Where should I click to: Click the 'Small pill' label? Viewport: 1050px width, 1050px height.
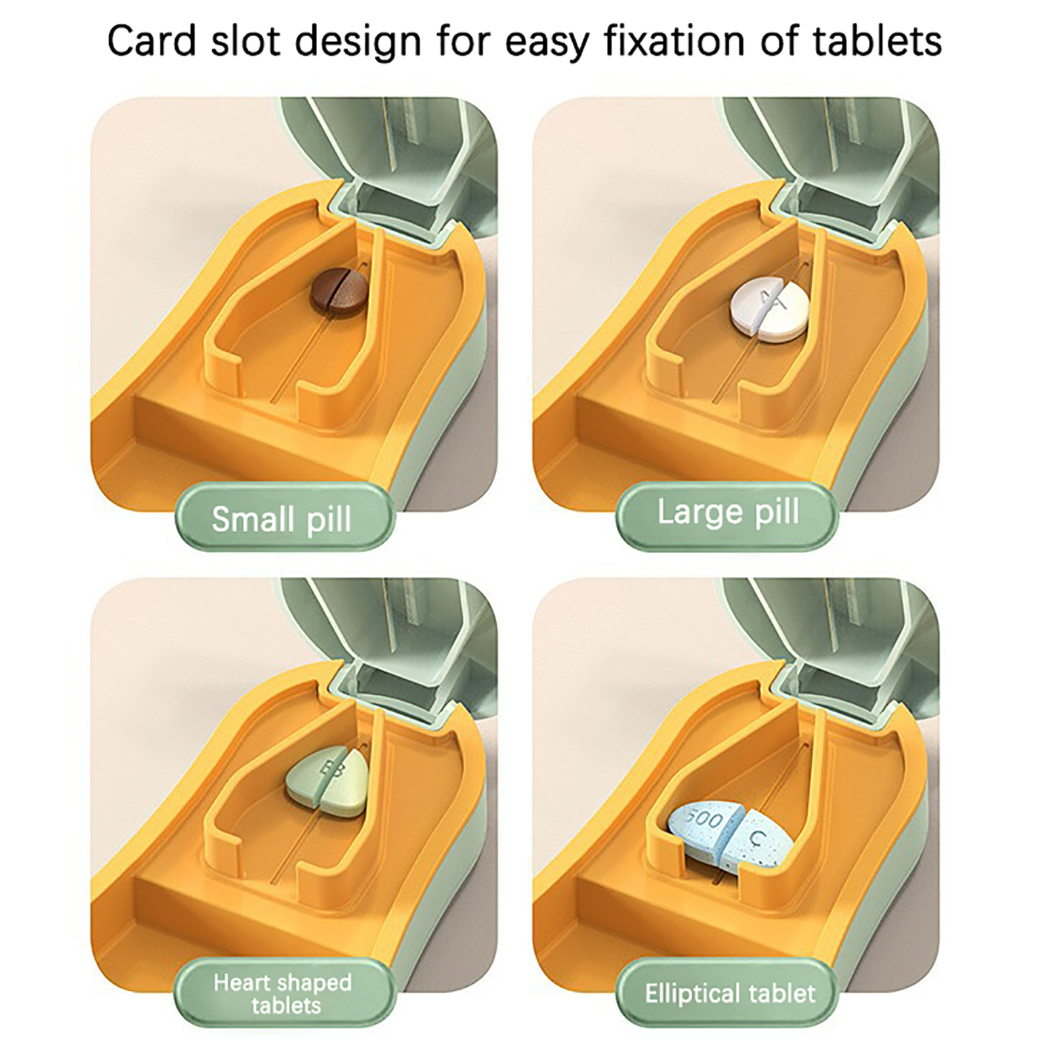click(283, 518)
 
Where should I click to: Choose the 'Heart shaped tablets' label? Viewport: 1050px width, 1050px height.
click(283, 993)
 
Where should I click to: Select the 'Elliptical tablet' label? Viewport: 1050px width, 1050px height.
click(729, 993)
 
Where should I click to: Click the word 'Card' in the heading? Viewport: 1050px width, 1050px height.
click(152, 41)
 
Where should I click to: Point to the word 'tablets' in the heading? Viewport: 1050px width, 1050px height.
click(877, 41)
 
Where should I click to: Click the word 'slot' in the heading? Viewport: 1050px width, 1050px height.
click(245, 41)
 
